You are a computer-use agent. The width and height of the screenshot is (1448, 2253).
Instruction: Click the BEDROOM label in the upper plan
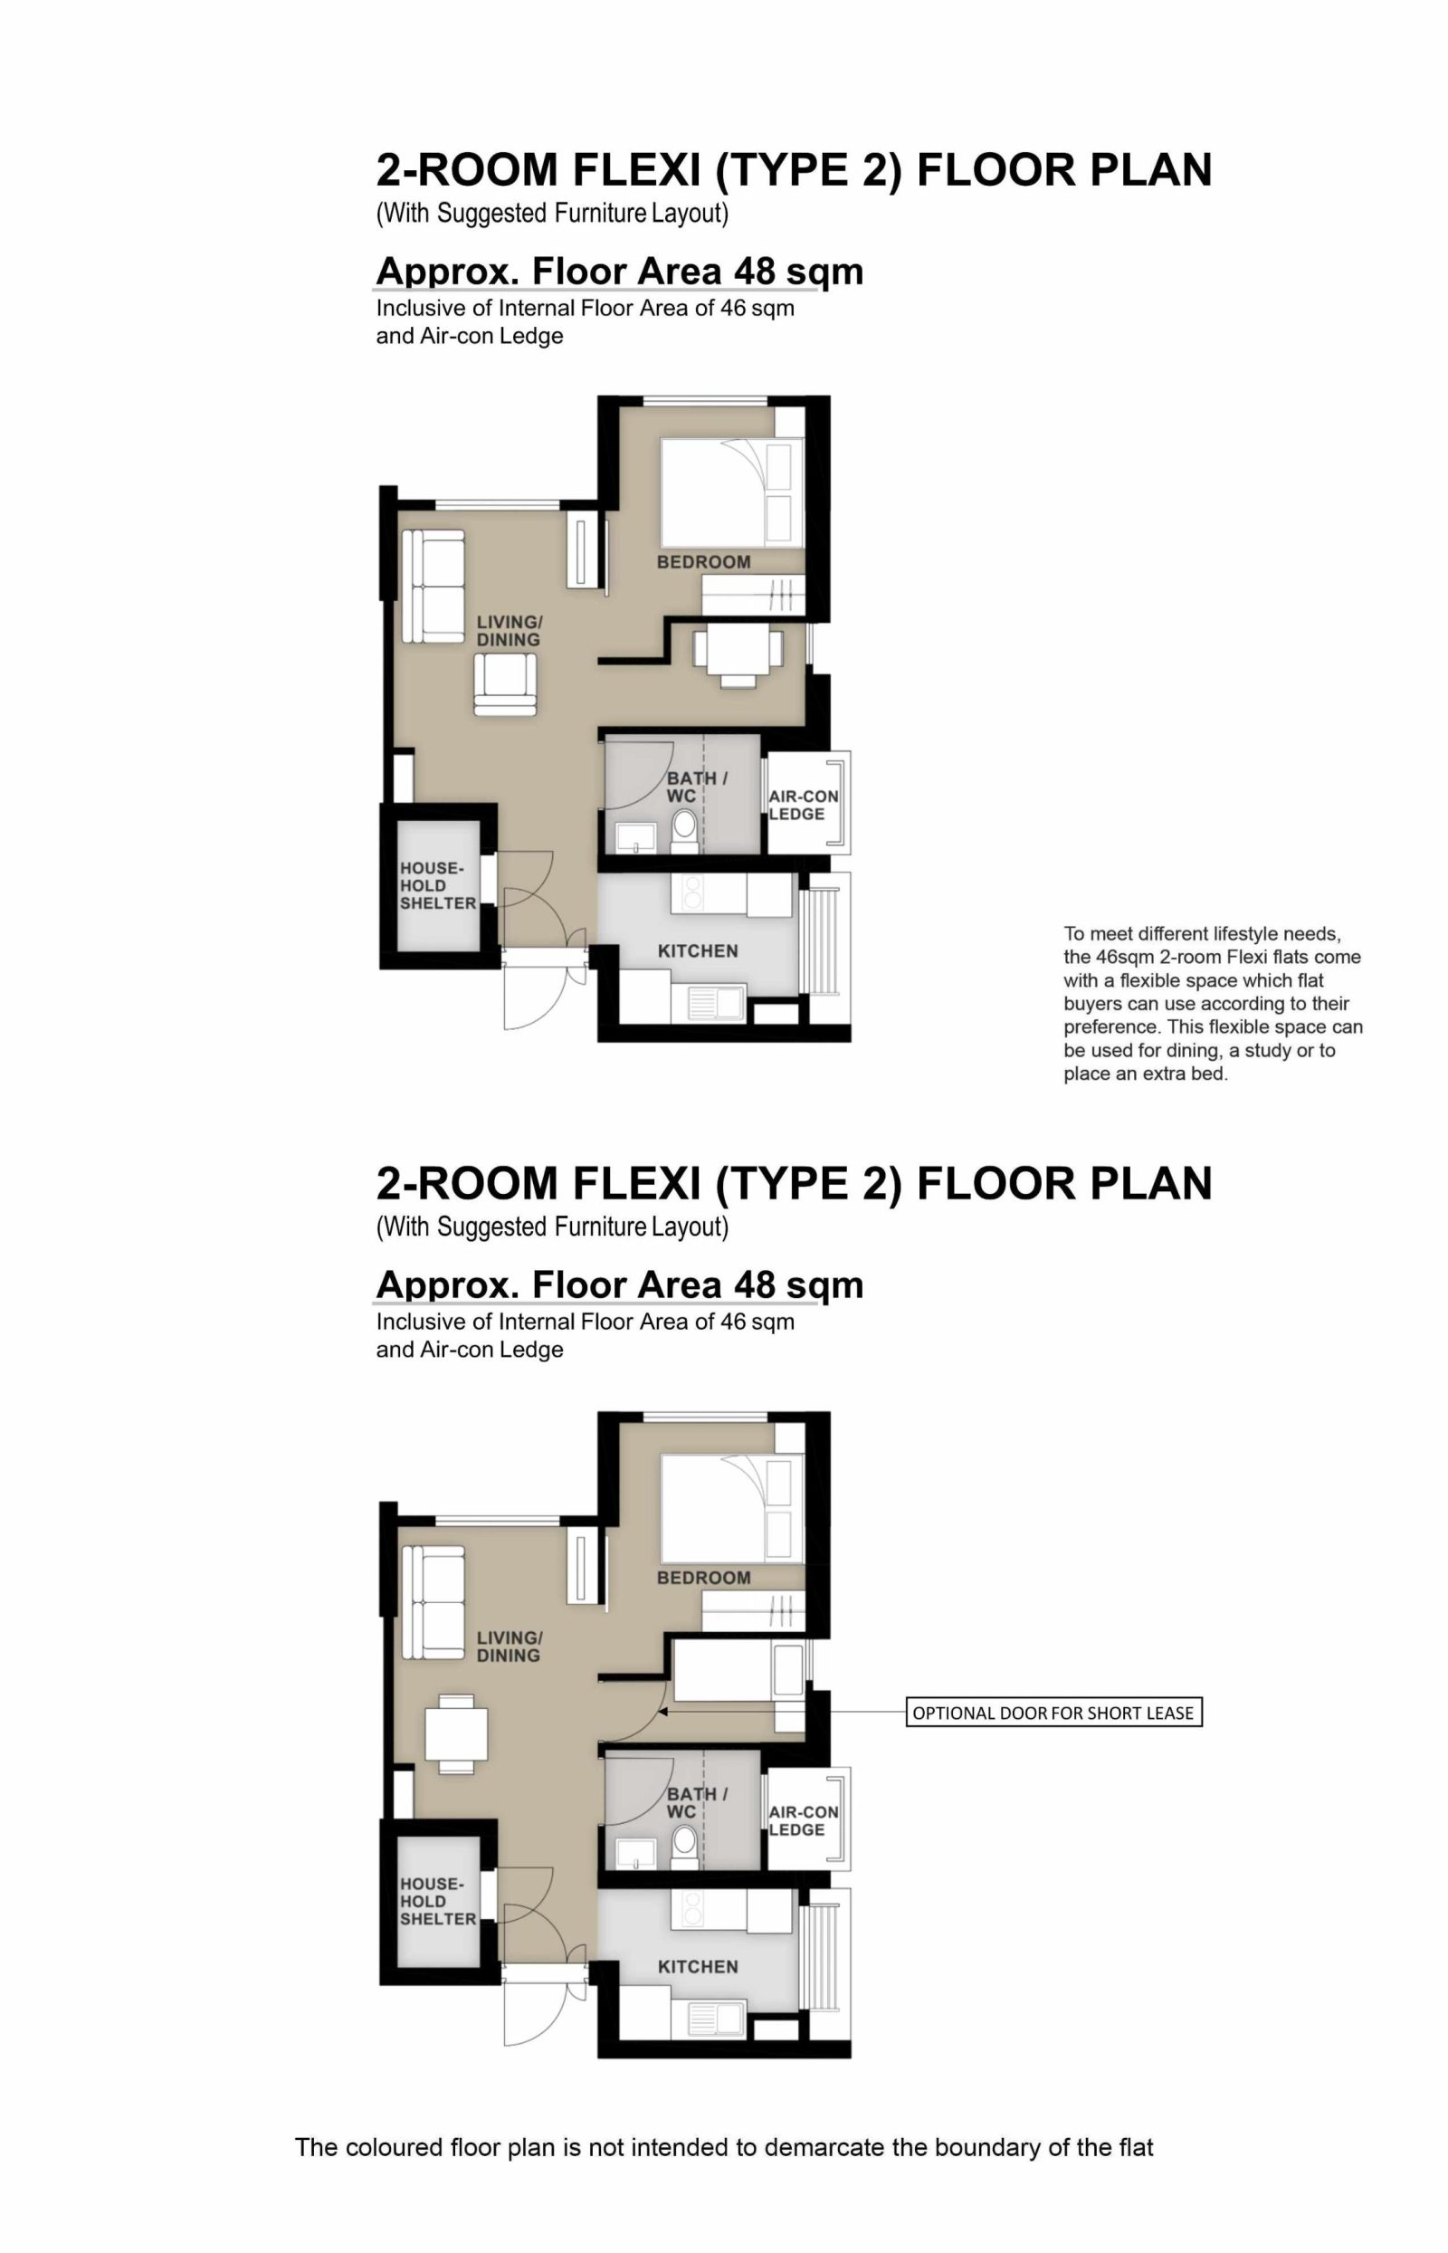tap(703, 562)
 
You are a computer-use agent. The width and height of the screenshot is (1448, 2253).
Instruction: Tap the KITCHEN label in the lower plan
tap(698, 1967)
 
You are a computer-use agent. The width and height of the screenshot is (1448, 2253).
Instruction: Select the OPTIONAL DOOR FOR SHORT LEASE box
tap(1053, 1714)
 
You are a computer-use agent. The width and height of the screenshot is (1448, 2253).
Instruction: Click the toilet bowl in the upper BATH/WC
tap(684, 827)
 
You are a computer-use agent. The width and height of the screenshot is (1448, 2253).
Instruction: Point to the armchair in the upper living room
tap(506, 684)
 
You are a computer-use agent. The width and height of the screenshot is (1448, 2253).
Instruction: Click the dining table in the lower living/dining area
tap(456, 1734)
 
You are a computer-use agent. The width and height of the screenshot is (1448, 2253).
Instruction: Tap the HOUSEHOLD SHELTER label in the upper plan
tap(437, 886)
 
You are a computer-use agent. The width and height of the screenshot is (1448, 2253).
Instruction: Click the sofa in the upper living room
tap(433, 586)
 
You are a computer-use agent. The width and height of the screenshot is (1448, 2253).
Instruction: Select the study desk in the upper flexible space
tap(738, 649)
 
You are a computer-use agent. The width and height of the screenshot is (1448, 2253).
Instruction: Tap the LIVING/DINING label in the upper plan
tap(508, 631)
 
